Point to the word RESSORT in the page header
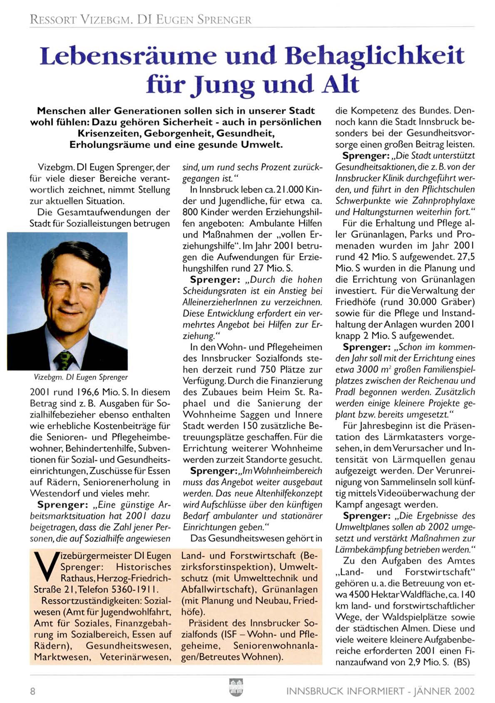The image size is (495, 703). coord(53,20)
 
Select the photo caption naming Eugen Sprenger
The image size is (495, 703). coord(81,377)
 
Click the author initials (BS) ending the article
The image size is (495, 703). coord(462,662)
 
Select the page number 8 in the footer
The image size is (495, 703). coord(32,691)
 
